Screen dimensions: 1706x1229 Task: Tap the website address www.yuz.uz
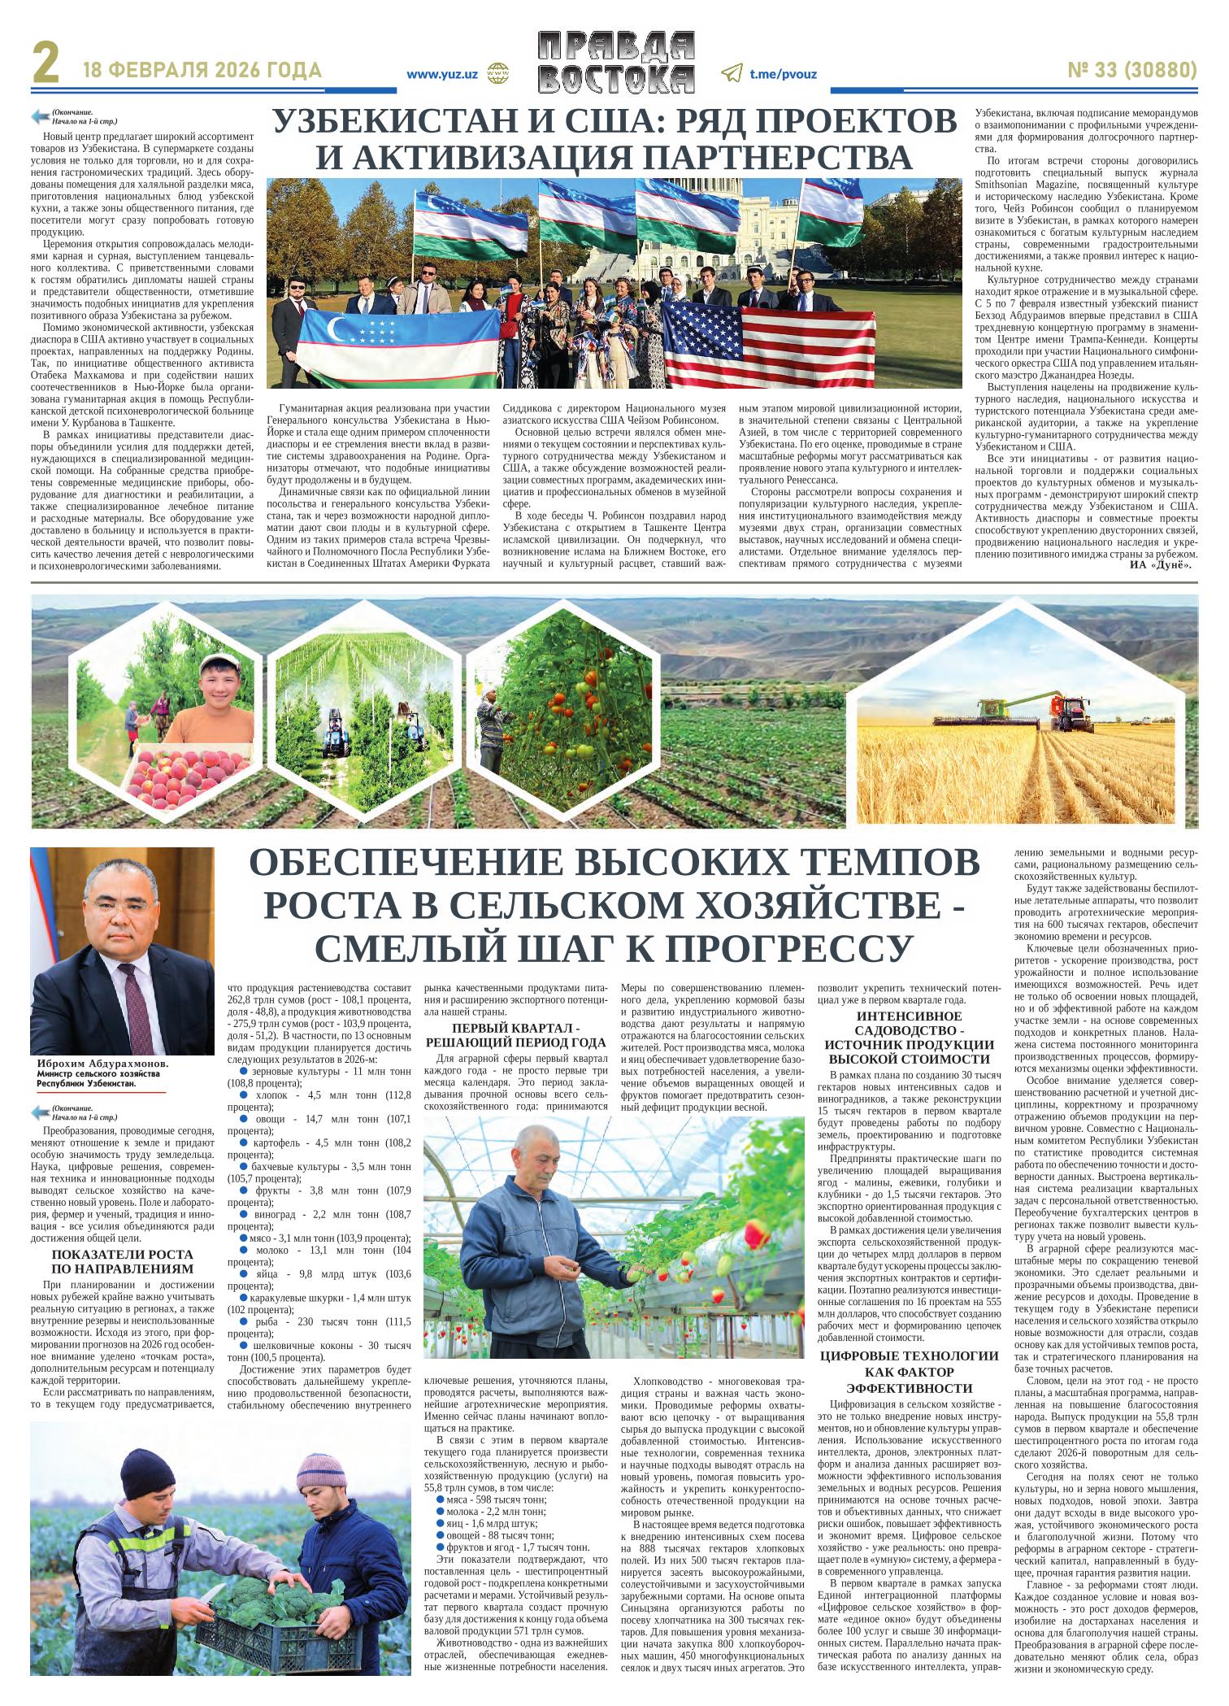pos(441,74)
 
